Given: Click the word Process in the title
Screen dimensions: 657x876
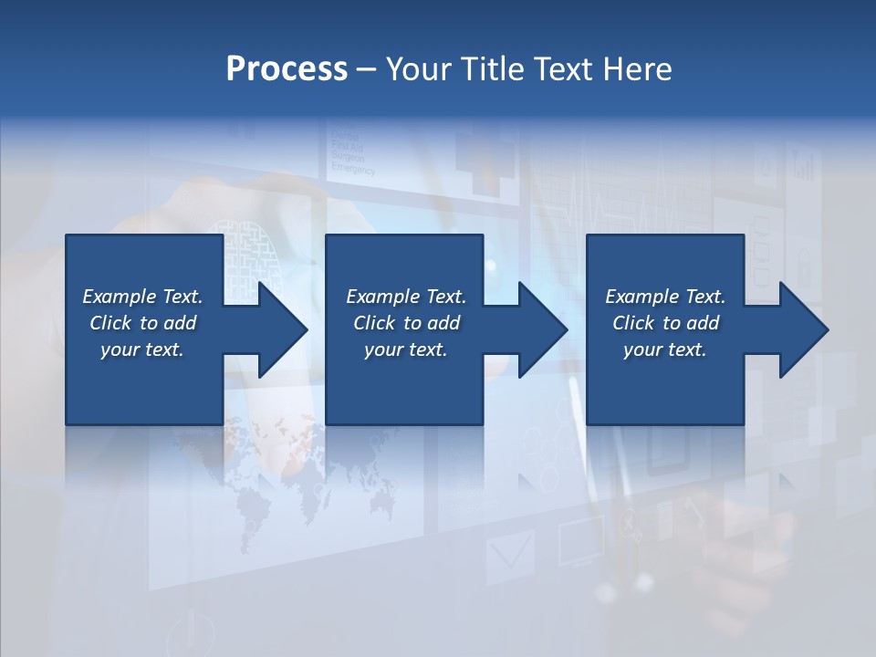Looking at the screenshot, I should [287, 69].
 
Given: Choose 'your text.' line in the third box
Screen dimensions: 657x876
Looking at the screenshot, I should [664, 349].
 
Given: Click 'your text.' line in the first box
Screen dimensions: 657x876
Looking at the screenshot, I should [141, 349].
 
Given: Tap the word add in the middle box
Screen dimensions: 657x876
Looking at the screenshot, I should [443, 323].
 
